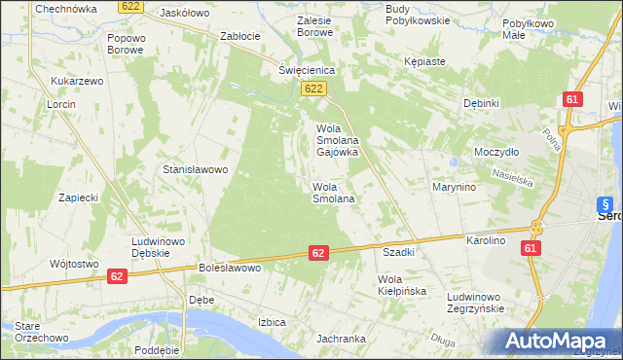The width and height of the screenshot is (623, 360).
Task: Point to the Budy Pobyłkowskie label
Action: (417, 14)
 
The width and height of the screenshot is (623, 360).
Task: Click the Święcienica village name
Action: (307, 70)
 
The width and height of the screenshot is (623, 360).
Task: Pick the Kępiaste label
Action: (424, 61)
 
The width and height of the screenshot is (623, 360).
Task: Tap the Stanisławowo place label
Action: (195, 169)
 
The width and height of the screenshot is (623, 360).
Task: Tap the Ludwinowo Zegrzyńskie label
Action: (474, 302)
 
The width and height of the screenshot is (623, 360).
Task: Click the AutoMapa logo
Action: (555, 342)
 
